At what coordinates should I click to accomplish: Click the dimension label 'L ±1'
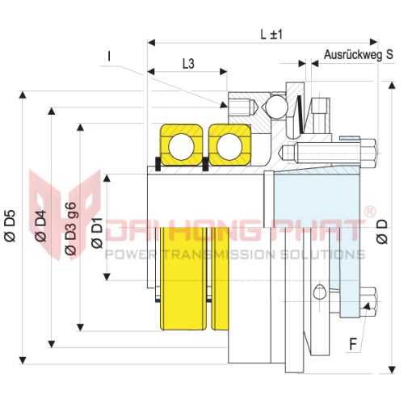[271, 35]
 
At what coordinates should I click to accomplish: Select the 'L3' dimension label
[188, 64]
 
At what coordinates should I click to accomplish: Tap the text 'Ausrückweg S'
[359, 55]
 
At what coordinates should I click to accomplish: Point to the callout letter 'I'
[109, 57]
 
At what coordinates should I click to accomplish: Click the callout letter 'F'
[353, 345]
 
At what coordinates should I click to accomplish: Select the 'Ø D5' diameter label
[11, 226]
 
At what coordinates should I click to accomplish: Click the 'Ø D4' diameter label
[41, 226]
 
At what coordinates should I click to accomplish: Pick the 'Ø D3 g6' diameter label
[71, 229]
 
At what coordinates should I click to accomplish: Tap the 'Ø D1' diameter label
[98, 233]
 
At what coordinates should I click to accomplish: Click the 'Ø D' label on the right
[382, 232]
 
